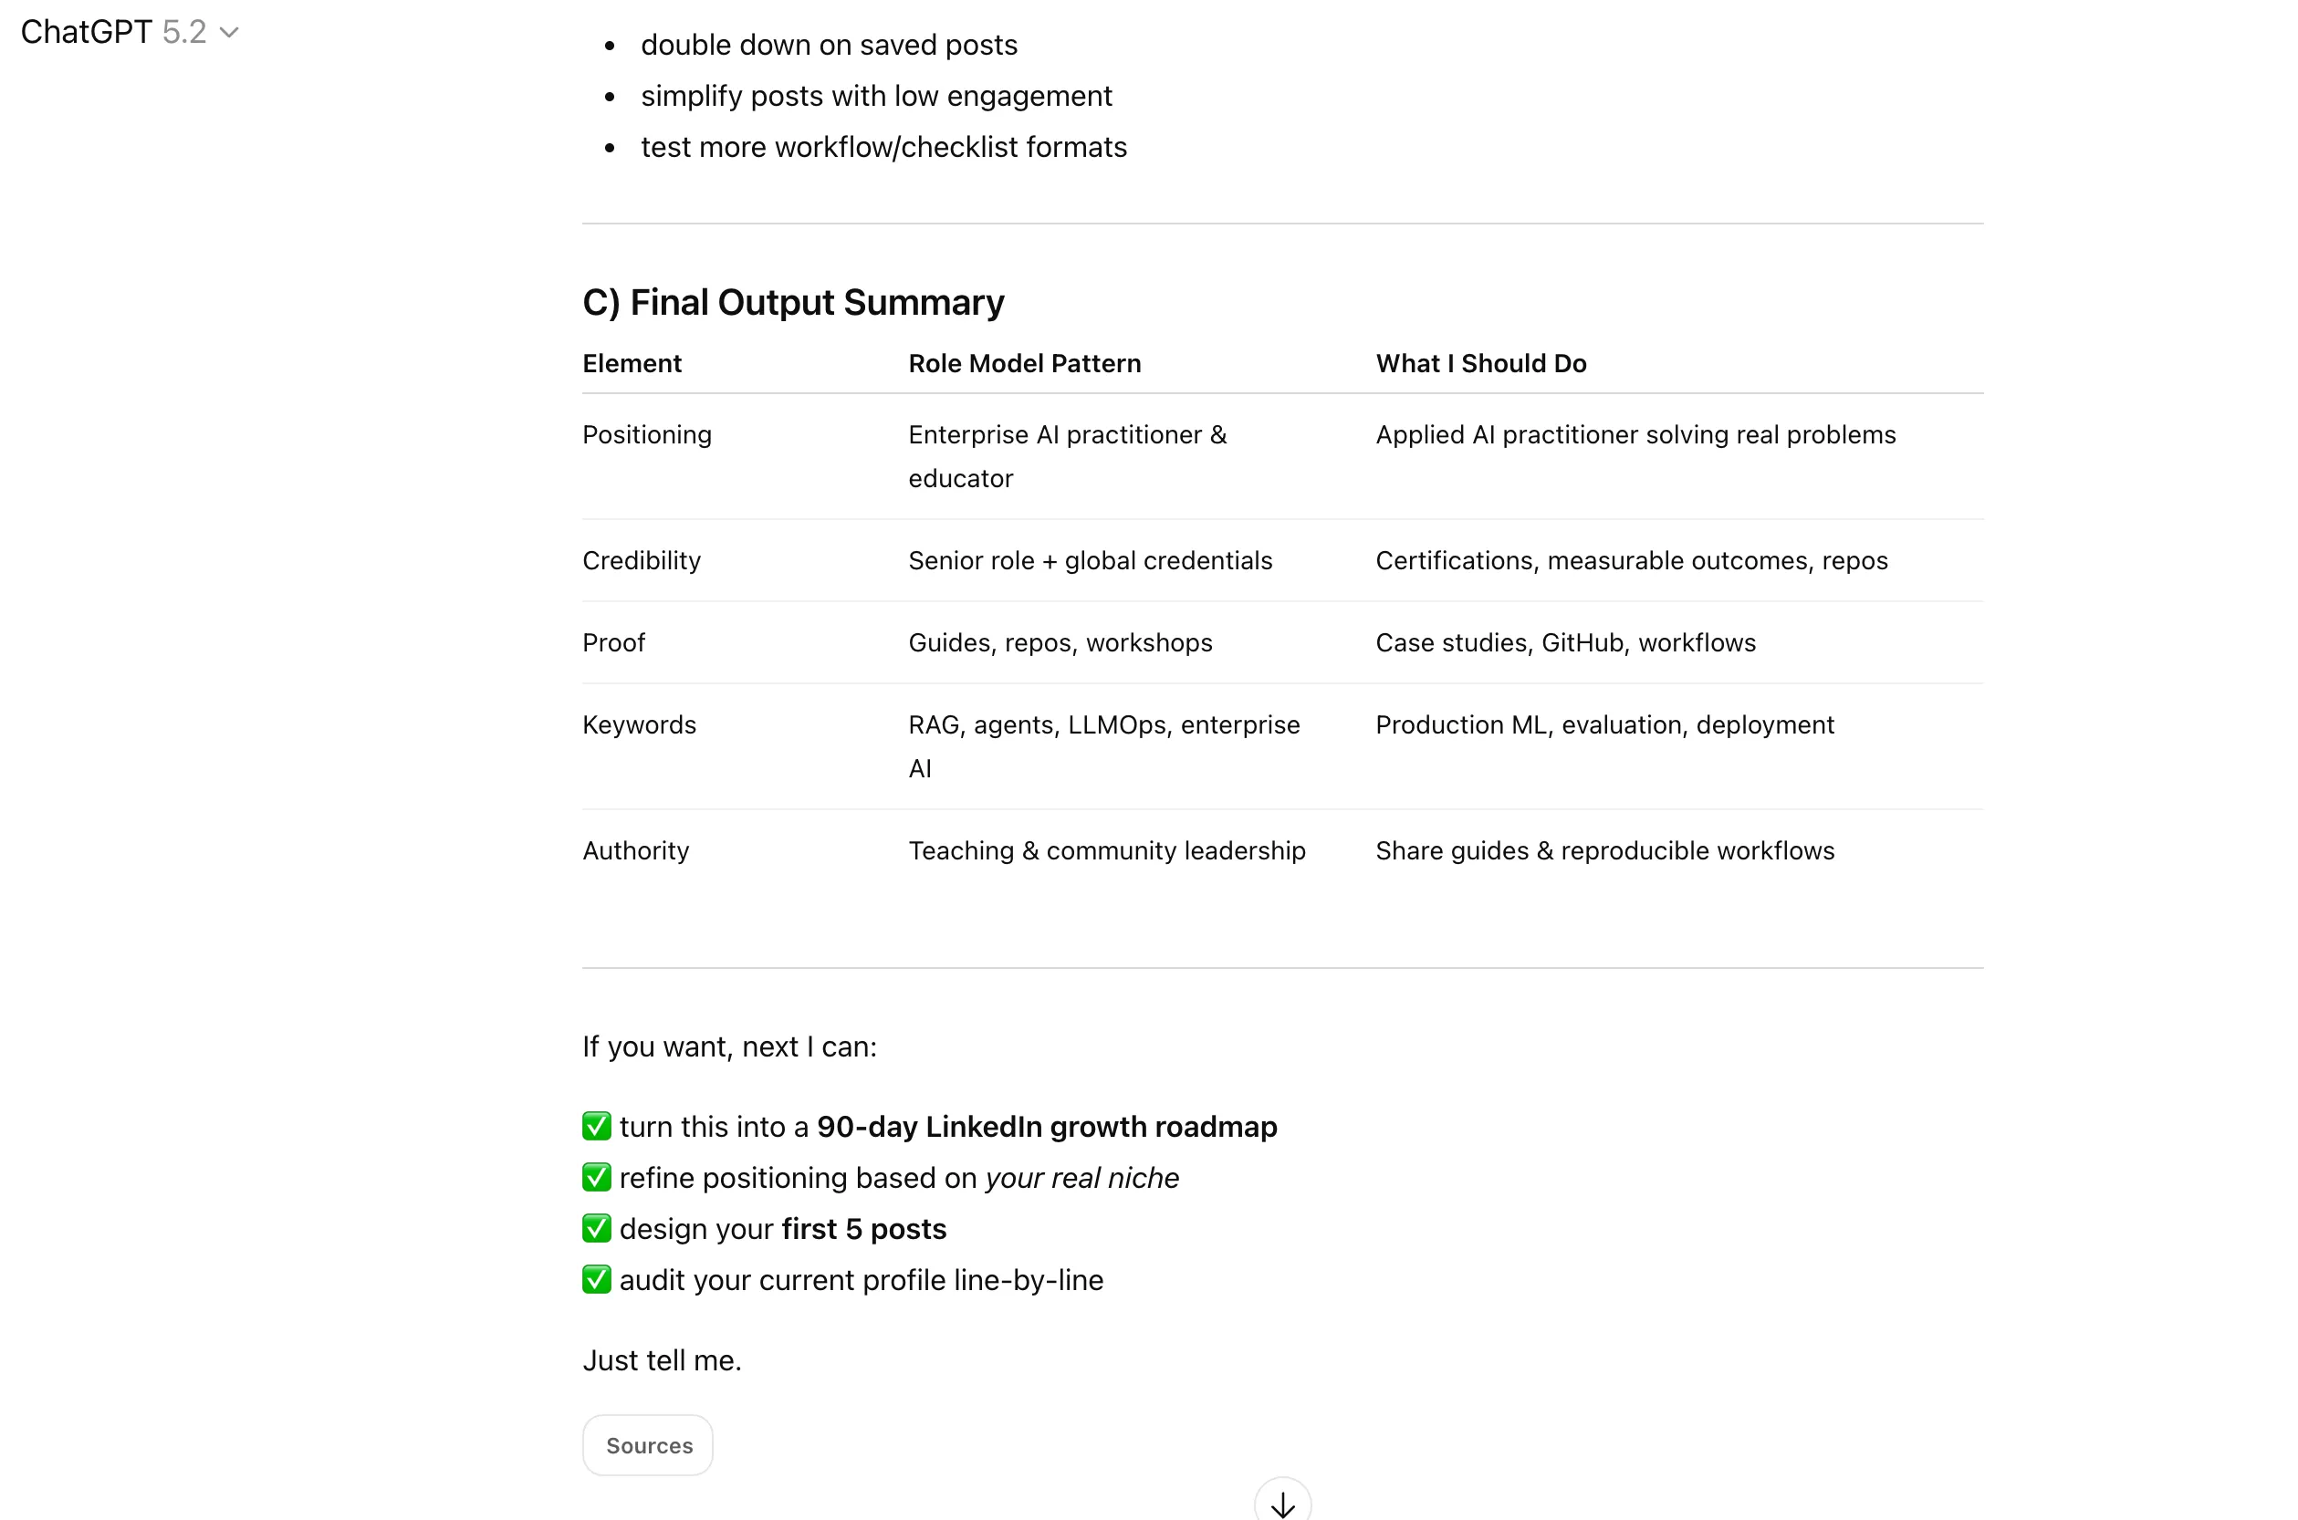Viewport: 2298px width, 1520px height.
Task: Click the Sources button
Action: coord(648,1445)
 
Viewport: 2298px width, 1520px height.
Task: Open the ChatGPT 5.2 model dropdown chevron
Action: coord(229,33)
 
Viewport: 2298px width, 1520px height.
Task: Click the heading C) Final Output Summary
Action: coord(792,303)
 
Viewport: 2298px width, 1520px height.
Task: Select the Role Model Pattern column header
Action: coord(1024,363)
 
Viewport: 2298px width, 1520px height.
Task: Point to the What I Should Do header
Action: coord(1479,363)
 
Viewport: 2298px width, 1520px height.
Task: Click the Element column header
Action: coord(632,363)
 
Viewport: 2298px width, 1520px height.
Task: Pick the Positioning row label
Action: coord(647,434)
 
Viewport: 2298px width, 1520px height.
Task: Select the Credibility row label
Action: coord(641,560)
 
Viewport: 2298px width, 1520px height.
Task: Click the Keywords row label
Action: coord(639,725)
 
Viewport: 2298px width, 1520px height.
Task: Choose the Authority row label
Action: coord(635,850)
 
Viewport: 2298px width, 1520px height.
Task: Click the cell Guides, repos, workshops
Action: coord(1060,642)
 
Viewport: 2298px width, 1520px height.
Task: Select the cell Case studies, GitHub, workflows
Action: coord(1565,642)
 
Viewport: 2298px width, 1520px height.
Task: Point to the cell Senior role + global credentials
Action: coord(1090,560)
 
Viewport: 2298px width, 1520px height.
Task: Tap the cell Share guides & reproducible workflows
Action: coord(1604,850)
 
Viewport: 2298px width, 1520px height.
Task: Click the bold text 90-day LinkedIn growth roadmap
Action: coord(1046,1127)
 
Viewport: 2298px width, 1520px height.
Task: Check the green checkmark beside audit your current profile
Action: coord(596,1279)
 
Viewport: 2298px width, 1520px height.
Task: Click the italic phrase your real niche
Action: coord(1081,1178)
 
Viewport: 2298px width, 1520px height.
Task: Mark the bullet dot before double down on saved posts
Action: coord(610,46)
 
